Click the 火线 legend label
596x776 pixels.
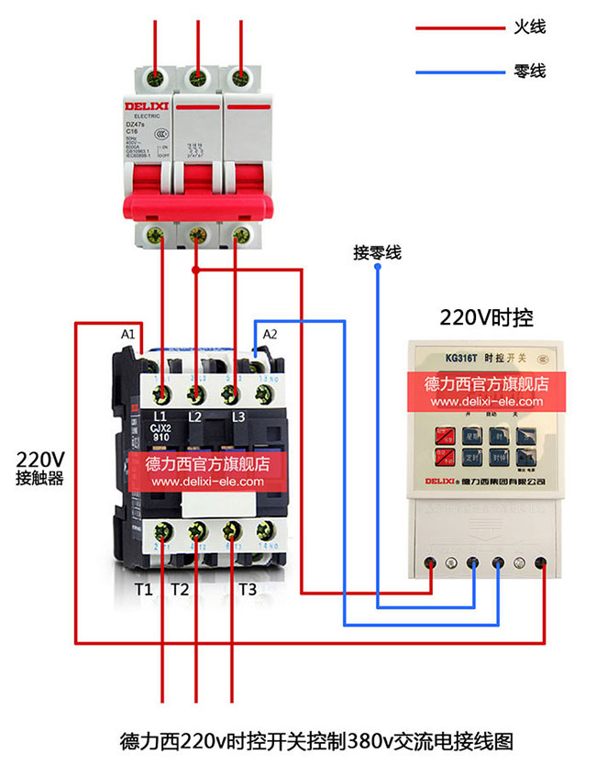click(529, 28)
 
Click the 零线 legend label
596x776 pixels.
click(529, 71)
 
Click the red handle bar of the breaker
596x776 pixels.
click(196, 207)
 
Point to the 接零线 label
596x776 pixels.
click(377, 252)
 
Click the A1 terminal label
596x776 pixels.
click(128, 333)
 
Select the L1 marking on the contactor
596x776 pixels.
click(161, 417)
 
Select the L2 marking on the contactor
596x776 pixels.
click(194, 417)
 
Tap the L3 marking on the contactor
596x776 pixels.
click(240, 417)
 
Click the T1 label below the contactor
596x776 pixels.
click(143, 590)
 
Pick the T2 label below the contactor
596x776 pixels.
click(180, 590)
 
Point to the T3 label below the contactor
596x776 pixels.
click(248, 590)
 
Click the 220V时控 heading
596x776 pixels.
click(486, 318)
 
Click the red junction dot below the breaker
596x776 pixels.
click(195, 270)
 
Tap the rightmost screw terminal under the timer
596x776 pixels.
click(546, 563)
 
